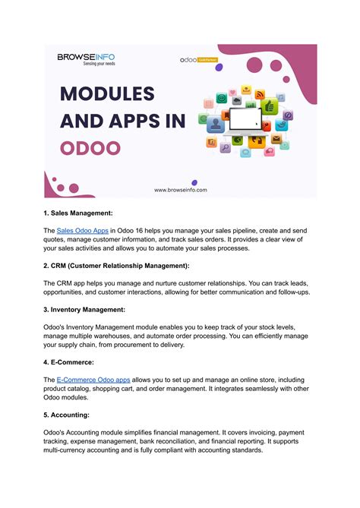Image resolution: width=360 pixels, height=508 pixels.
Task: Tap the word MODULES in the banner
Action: [x=106, y=95]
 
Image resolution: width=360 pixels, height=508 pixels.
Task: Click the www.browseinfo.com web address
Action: [x=180, y=191]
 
